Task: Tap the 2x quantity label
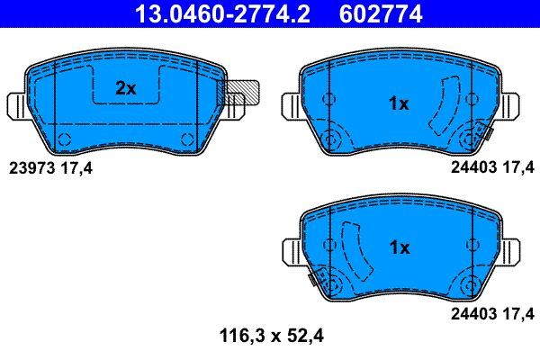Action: tap(125, 88)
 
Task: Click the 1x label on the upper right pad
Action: tap(398, 104)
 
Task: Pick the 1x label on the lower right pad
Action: tap(398, 247)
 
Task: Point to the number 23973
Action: tap(31, 166)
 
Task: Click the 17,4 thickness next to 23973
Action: tap(77, 166)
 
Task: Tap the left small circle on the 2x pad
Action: tap(64, 138)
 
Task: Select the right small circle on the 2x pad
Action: tap(187, 138)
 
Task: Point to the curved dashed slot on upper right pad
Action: tap(442, 106)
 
